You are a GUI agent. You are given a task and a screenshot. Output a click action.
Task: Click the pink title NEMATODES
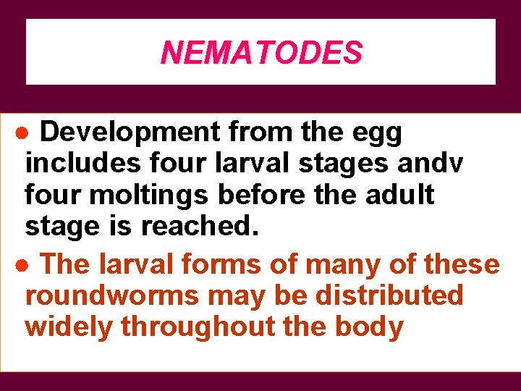click(261, 52)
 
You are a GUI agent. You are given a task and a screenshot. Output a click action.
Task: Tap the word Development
click(129, 133)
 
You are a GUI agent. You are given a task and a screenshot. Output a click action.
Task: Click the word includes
click(82, 163)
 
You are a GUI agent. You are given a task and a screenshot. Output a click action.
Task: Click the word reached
click(198, 227)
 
